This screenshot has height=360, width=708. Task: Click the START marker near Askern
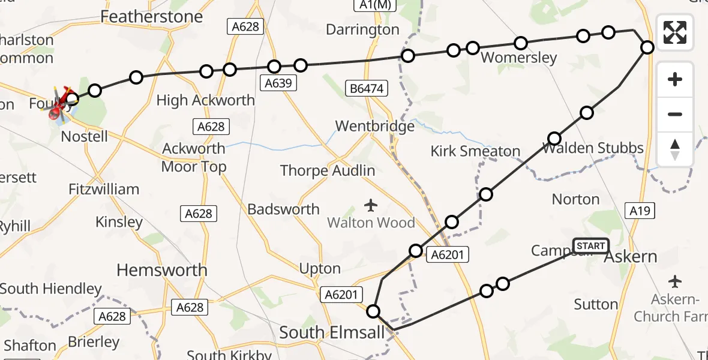tap(591, 246)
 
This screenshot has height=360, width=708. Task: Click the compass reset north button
tap(675, 149)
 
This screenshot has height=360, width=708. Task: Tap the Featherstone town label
tap(152, 16)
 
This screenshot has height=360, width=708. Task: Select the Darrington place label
tap(362, 29)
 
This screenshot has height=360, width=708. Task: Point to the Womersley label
tap(519, 58)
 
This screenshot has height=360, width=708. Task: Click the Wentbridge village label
tap(374, 127)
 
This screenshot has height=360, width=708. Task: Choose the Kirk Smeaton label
tap(475, 151)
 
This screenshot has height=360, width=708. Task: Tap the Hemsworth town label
tap(162, 270)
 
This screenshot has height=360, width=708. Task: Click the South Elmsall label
tap(332, 332)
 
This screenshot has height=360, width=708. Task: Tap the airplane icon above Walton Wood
tap(371, 206)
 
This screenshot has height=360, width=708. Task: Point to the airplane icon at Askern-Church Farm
tap(676, 281)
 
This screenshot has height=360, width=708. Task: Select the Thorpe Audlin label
tap(328, 171)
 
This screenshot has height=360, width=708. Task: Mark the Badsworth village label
tap(283, 209)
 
